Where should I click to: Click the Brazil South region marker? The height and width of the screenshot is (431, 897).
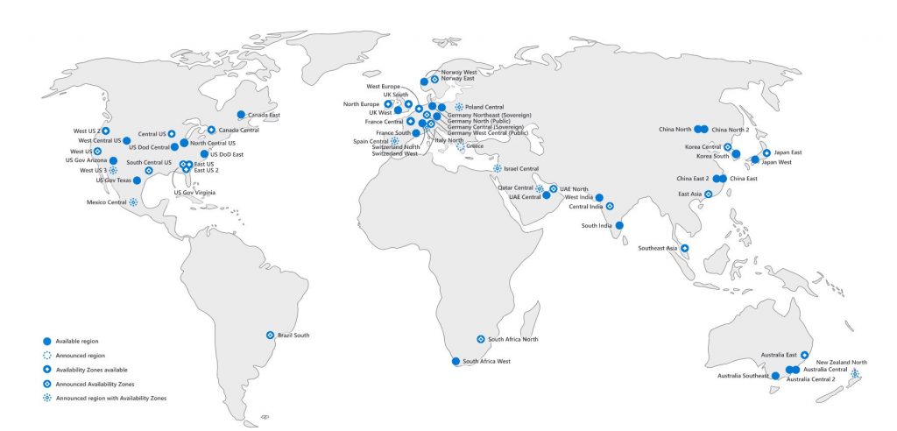[x=270, y=335]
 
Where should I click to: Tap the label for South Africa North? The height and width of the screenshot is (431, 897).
[x=512, y=339]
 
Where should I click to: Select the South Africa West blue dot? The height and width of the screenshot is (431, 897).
[x=455, y=361]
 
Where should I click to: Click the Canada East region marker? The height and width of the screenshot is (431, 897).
[x=241, y=114]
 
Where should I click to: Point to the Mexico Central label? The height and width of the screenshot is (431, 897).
[x=106, y=201]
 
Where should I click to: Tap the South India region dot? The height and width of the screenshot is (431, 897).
[x=619, y=225]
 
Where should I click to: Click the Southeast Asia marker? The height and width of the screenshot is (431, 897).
[x=685, y=248]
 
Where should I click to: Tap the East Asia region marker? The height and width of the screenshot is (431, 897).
[x=708, y=194]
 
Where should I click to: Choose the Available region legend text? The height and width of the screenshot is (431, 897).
[x=75, y=341]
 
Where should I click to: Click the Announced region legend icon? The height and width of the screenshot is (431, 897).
[x=46, y=356]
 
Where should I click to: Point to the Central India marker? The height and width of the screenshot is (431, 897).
[x=610, y=207]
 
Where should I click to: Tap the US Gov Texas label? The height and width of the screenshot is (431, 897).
[x=111, y=180]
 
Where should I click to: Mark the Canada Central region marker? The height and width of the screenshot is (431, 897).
[x=211, y=130]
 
